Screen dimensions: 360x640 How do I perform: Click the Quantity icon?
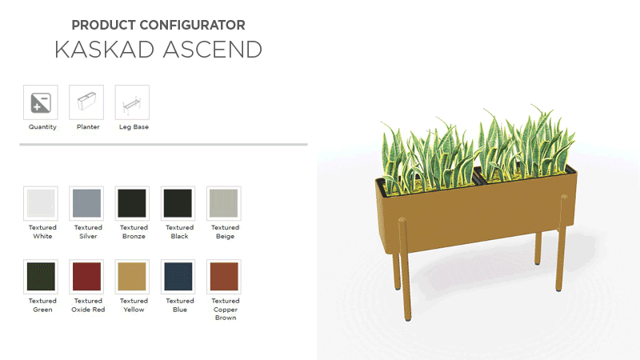[42, 102]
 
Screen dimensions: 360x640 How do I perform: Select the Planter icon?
[87, 102]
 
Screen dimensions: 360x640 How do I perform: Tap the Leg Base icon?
[133, 102]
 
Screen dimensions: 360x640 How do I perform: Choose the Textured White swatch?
[42, 203]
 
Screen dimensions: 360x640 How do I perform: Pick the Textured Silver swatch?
[87, 203]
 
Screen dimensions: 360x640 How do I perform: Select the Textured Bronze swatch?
[133, 203]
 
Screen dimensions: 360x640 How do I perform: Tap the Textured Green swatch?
[42, 277]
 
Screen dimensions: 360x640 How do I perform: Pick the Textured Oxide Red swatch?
[87, 277]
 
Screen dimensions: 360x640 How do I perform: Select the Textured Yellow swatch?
[133, 277]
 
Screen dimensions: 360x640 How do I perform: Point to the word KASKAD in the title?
[105, 50]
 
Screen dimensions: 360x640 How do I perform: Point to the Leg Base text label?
[134, 127]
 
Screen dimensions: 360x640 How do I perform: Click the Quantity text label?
[42, 127]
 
